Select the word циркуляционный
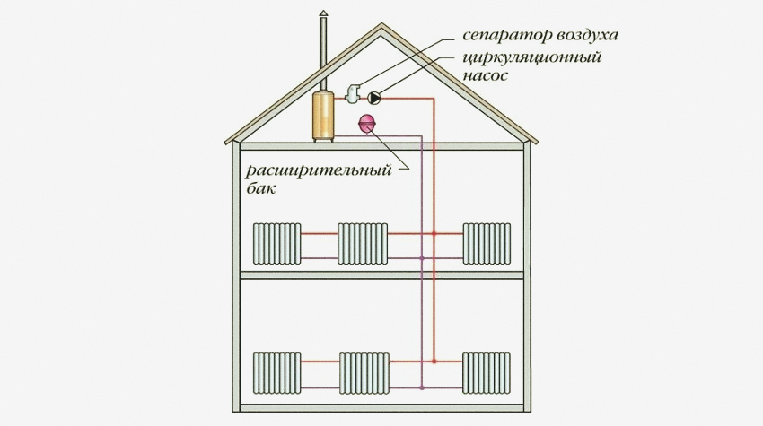click(532, 58)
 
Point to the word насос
click(486, 76)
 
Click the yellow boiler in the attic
click(323, 114)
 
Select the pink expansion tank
click(368, 124)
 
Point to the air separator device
click(352, 91)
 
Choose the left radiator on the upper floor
click(276, 245)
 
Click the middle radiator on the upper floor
click(362, 245)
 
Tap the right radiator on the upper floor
click(486, 245)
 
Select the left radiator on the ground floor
click(276, 373)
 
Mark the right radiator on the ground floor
click(486, 373)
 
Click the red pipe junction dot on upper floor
click(434, 233)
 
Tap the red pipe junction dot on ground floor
click(434, 361)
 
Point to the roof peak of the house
click(381, 27)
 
